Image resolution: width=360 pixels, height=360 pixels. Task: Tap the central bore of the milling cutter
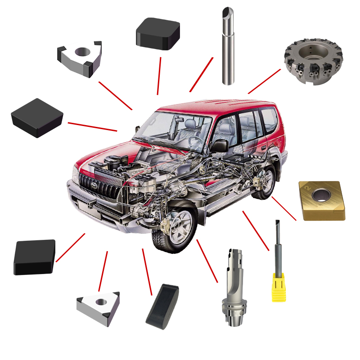(x=311, y=53)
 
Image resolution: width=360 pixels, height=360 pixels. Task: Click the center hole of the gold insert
(x=321, y=195)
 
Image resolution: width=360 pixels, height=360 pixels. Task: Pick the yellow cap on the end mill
(x=279, y=288)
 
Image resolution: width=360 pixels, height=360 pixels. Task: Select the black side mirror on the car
(x=220, y=145)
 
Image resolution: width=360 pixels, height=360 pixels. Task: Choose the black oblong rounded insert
(x=162, y=305)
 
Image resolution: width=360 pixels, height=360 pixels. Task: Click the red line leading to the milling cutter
(x=264, y=81)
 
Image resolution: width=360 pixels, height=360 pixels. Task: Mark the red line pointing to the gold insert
(x=284, y=208)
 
